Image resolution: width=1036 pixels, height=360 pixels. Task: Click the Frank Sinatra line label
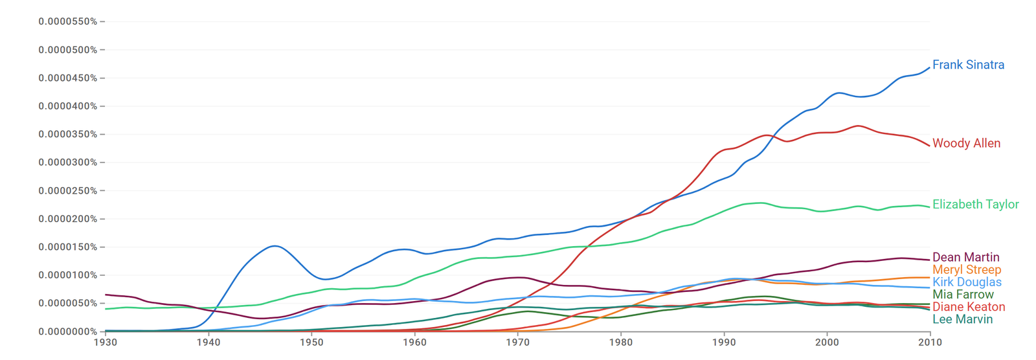pyautogui.click(x=968, y=65)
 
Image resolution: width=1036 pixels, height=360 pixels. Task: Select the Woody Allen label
pyautogui.click(x=966, y=144)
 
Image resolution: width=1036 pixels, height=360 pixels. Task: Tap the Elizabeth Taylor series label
pyautogui.click(x=975, y=205)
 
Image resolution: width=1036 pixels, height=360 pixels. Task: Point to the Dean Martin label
pyautogui.click(x=965, y=257)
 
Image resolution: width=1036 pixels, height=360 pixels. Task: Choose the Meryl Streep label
pyautogui.click(x=967, y=270)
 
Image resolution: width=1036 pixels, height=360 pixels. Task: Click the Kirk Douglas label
pyautogui.click(x=967, y=282)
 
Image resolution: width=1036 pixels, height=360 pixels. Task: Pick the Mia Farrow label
pyautogui.click(x=963, y=295)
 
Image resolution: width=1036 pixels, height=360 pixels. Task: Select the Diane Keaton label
pyautogui.click(x=969, y=307)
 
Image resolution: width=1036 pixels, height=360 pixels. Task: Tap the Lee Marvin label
pyautogui.click(x=962, y=319)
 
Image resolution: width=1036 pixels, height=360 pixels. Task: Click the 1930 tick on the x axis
pyautogui.click(x=106, y=343)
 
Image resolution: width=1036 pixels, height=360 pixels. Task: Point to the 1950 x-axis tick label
pyautogui.click(x=311, y=343)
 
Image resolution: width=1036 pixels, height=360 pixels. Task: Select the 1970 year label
pyautogui.click(x=517, y=343)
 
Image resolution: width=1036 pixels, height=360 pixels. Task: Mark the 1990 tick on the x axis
pyautogui.click(x=724, y=343)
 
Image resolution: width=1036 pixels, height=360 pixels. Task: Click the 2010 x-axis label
pyautogui.click(x=930, y=343)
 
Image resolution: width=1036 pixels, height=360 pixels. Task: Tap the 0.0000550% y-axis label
pyautogui.click(x=68, y=22)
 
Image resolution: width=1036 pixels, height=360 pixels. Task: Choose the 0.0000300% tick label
pyautogui.click(x=68, y=163)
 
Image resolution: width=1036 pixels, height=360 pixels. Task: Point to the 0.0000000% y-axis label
pyautogui.click(x=68, y=332)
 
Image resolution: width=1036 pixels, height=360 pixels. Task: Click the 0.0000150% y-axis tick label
pyautogui.click(x=68, y=247)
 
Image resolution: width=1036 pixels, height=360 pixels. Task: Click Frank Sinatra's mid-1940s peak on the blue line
pyautogui.click(x=275, y=245)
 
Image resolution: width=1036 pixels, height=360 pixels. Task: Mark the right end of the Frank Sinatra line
pyautogui.click(x=930, y=68)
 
